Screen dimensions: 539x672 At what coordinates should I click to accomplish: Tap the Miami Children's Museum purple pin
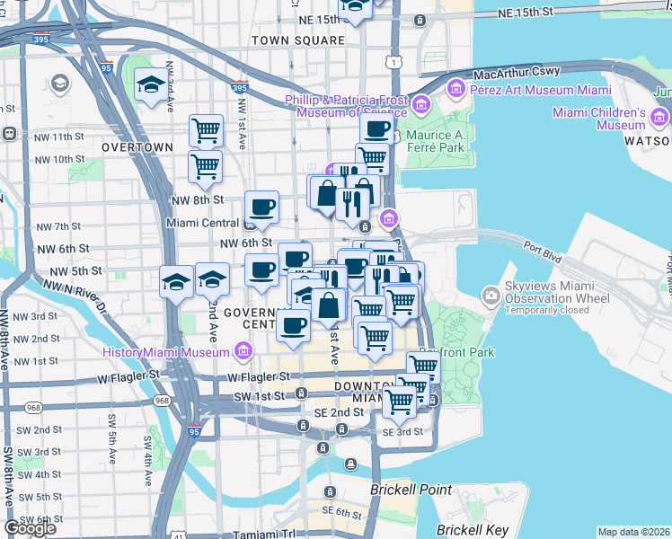(660, 118)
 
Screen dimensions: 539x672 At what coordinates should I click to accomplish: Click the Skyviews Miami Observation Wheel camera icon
(491, 294)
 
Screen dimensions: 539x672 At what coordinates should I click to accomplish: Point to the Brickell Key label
(472, 530)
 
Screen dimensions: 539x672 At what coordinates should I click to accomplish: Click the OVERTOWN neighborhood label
(137, 146)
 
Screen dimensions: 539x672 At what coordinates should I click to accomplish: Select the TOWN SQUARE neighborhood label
(297, 40)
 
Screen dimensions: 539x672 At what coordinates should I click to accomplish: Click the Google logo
(31, 528)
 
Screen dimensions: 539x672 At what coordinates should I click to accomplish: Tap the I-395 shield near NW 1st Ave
(239, 89)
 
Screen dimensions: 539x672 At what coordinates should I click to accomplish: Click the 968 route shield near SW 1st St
(162, 400)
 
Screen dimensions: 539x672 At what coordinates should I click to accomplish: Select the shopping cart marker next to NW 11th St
(206, 130)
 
